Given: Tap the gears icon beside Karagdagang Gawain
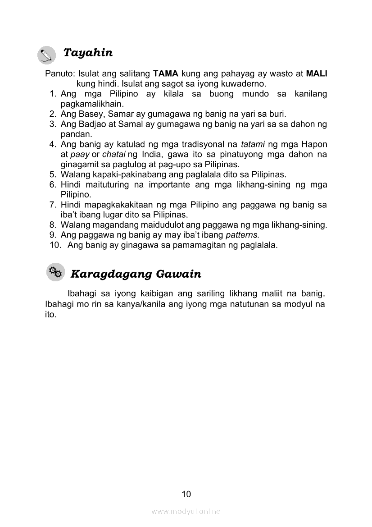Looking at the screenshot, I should pos(55,273).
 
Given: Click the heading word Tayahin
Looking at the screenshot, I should pos(88,53).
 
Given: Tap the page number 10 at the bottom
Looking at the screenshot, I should pos(186,494).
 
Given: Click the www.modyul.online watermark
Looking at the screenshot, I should pos(186,511).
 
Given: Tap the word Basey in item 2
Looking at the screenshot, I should pos(94,114).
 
